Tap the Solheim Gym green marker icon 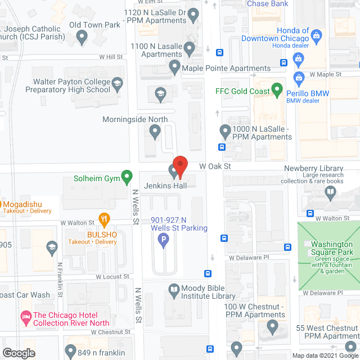coord(127,179)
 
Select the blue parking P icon coord(164,241)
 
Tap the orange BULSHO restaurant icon coord(103,219)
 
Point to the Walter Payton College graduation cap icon coord(117,85)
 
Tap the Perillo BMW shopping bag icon coord(299,76)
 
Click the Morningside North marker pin coord(155,132)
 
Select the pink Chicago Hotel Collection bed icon coord(25,319)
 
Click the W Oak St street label coord(215,166)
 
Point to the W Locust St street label coord(112,277)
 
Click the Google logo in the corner coord(18,353)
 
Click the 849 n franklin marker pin coord(70,353)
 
